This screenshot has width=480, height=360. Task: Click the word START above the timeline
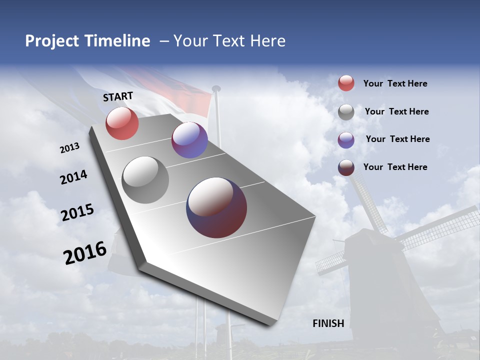[x=118, y=96]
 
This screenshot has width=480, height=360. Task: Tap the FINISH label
[x=328, y=323]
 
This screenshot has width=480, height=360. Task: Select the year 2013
[x=69, y=148]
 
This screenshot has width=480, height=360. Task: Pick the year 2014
[x=73, y=177]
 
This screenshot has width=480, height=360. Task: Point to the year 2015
[x=77, y=212]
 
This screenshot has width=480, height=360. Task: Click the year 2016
[x=85, y=253]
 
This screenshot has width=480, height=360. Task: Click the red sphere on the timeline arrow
[x=122, y=123]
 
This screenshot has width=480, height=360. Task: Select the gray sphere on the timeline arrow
[x=145, y=179]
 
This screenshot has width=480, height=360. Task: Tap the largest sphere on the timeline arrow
[x=216, y=207]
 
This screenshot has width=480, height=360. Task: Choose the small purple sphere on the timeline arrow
[x=189, y=140]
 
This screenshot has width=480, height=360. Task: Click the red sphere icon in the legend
[x=346, y=83]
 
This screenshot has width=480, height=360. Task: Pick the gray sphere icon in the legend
[x=346, y=112]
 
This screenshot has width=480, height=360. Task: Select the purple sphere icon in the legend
[x=346, y=140]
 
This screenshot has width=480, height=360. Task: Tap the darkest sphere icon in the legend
[x=346, y=167]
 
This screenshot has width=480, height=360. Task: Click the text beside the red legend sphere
[x=395, y=83]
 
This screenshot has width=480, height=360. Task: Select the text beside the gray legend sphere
[x=396, y=111]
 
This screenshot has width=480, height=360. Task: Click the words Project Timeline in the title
[x=87, y=41]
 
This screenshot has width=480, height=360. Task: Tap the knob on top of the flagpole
[x=216, y=88]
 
